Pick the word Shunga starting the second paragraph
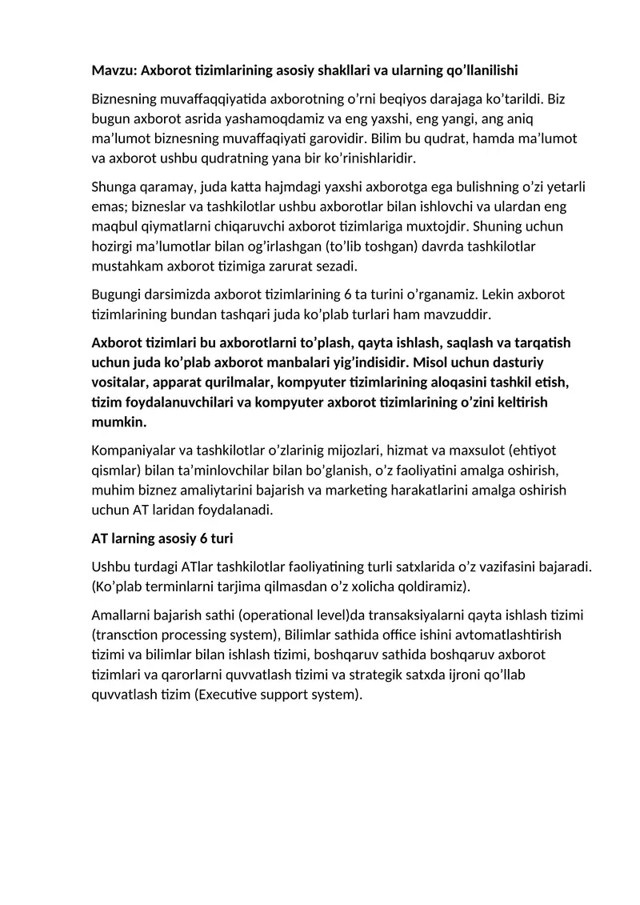click(114, 188)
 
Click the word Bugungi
click(117, 294)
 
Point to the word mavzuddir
click(462, 314)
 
